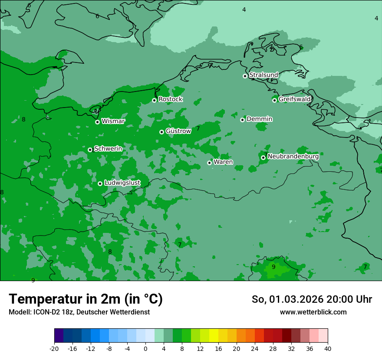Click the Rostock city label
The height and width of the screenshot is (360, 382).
pos(170,99)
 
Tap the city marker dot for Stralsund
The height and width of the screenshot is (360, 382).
pos(245,76)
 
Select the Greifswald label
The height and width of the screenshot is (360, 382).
pos(294,99)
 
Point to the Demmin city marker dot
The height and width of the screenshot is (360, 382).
pos(242,120)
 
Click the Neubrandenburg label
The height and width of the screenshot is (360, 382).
pos(293,157)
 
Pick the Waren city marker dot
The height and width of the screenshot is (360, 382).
pos(209,163)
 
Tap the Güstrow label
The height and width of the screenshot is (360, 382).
pos(178,131)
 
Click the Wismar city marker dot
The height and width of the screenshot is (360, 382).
pos(97,122)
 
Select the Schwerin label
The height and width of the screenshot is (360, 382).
pos(108,149)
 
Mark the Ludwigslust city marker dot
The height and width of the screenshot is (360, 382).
pos(100,183)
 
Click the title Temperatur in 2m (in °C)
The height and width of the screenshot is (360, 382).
pos(86,299)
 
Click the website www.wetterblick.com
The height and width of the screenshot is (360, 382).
pos(313,312)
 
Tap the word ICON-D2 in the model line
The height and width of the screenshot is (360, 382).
pos(45,312)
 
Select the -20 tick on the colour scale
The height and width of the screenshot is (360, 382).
pos(54,349)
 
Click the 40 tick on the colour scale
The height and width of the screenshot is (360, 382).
pos(327,349)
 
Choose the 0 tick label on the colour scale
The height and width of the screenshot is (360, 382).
pos(145,349)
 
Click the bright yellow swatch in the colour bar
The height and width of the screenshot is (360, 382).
pos(214,336)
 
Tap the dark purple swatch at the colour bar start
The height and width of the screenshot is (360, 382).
pos(59,336)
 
